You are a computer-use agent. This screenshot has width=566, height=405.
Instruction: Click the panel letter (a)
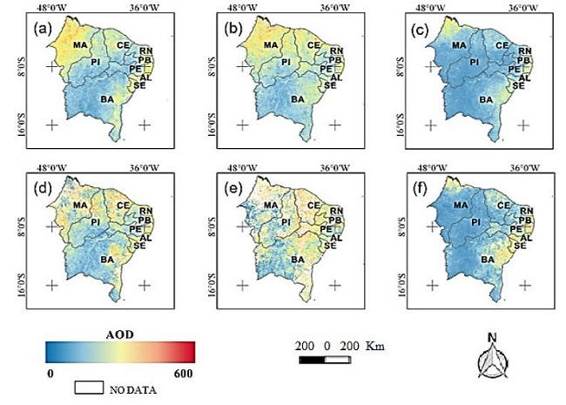(x=41, y=28)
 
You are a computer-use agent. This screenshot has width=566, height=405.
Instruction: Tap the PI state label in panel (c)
(x=475, y=63)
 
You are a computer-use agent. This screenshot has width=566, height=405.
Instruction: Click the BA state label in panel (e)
(x=298, y=260)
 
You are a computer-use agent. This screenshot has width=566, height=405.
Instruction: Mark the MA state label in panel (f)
(x=459, y=205)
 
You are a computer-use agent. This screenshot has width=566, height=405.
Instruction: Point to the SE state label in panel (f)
(x=519, y=246)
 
